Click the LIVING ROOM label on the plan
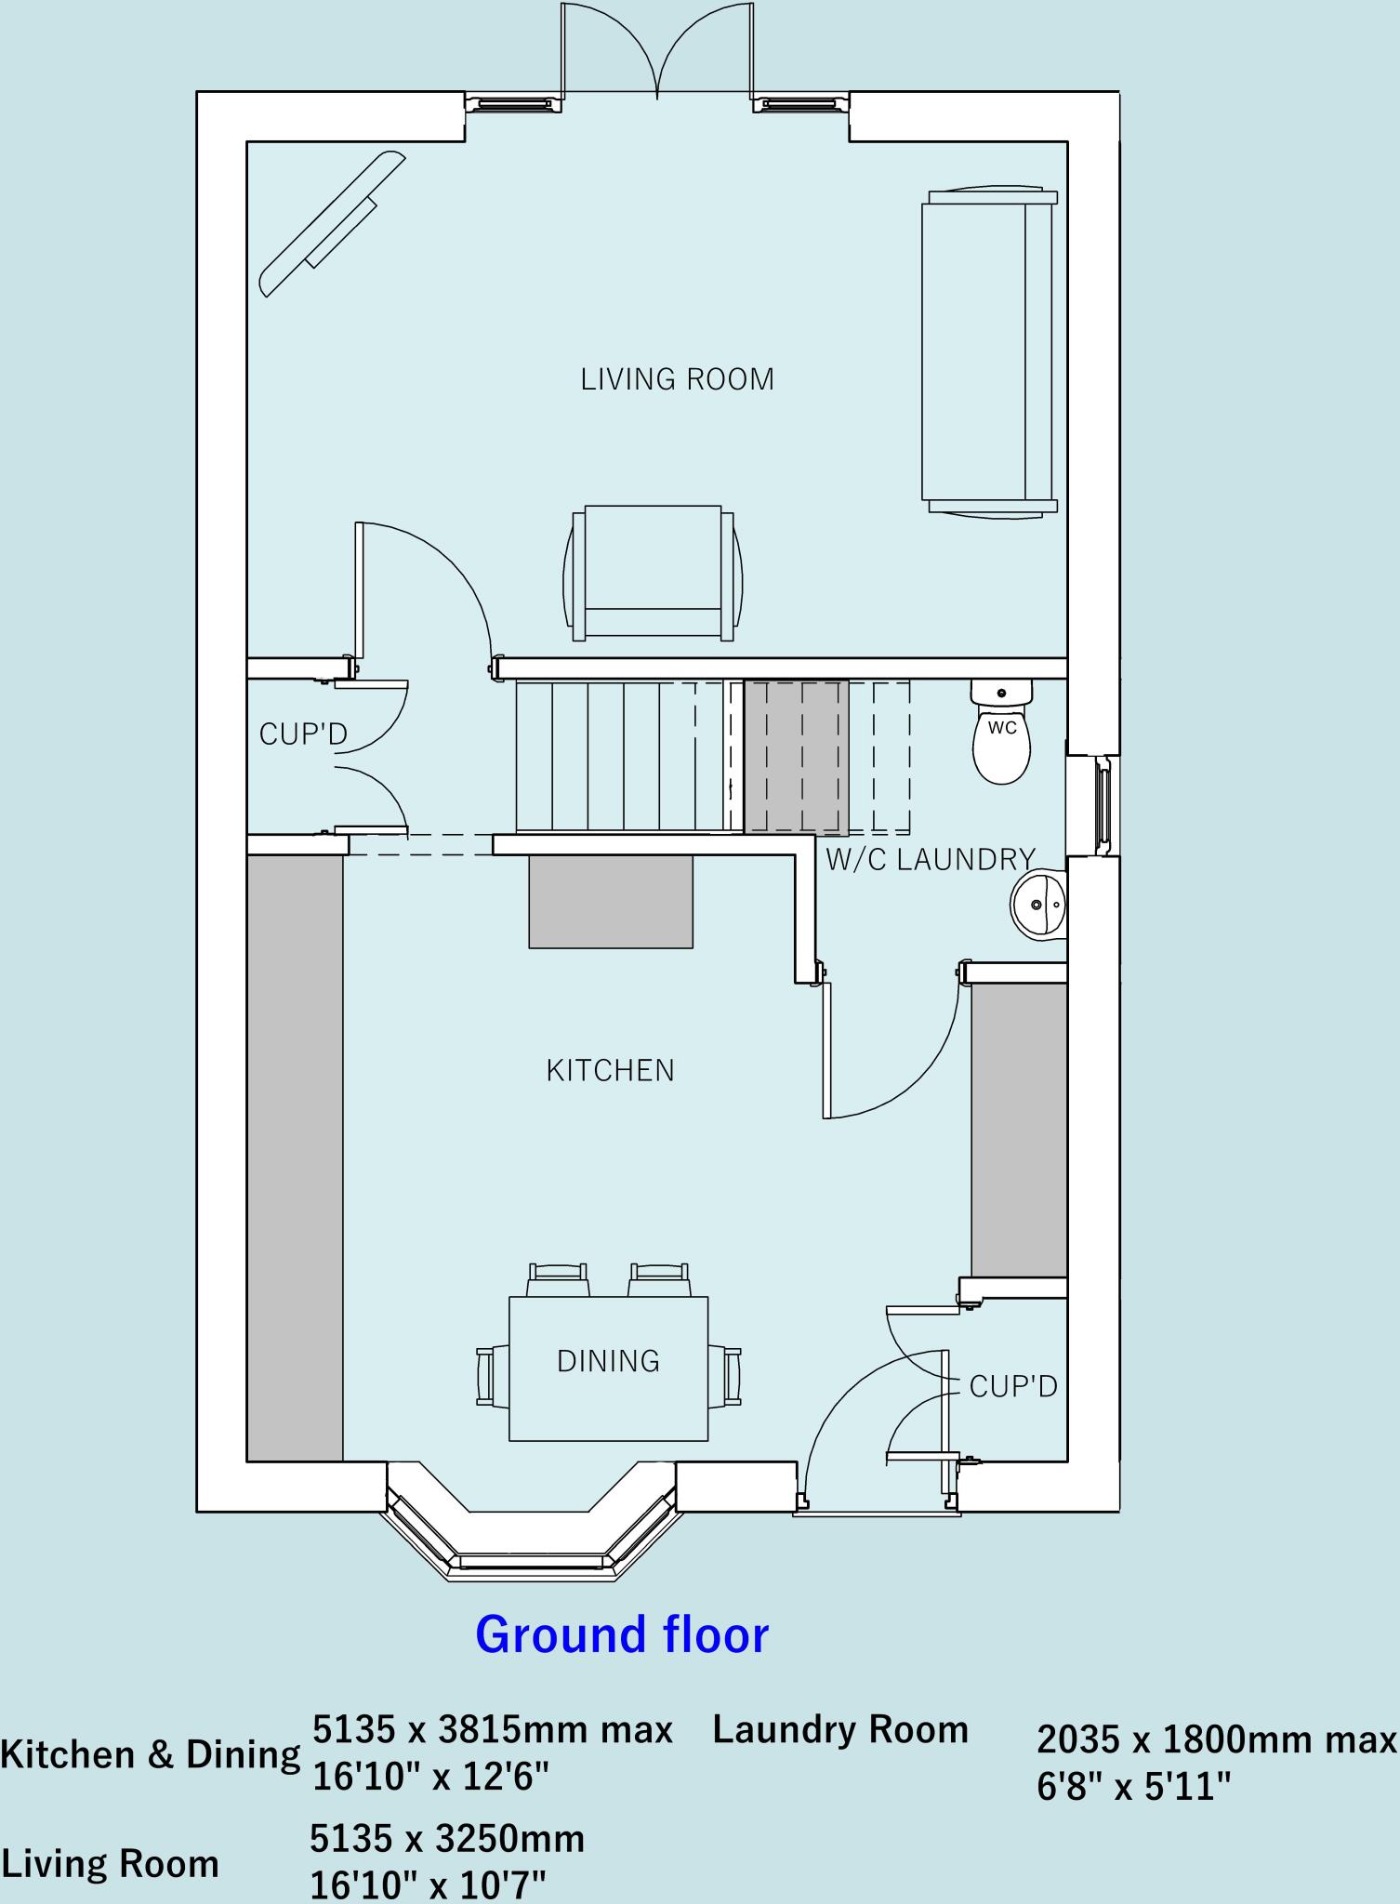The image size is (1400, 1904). coord(677,379)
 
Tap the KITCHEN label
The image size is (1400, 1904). coord(610,1070)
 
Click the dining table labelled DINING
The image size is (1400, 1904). coord(608,1368)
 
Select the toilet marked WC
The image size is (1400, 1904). coord(1001,734)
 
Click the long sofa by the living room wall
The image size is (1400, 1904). coord(989,351)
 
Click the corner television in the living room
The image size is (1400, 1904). coord(332,226)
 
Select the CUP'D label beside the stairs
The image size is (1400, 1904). coord(303,734)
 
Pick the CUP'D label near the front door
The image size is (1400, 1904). coord(1013,1387)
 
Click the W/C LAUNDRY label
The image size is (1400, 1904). coord(931,859)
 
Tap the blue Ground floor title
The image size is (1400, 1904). coord(622,1634)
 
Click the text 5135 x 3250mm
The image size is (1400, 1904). coord(447,1838)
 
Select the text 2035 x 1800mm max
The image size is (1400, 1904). coord(1216,1739)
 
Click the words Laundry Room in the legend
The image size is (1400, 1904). coord(840,1729)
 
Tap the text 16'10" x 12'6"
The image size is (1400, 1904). coord(430,1777)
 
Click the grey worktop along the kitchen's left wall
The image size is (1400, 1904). coord(295,1158)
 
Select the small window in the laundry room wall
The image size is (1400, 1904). coord(1103,804)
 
